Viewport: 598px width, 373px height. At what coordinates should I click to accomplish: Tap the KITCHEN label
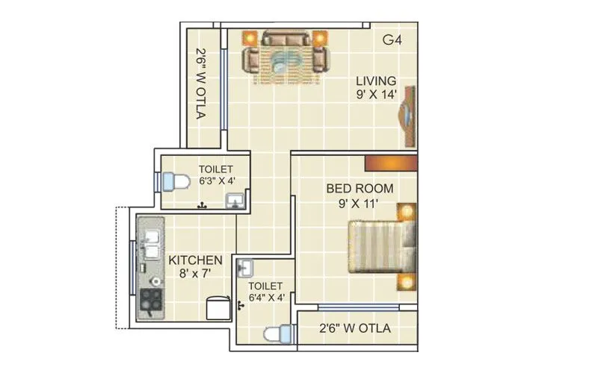coord(195,260)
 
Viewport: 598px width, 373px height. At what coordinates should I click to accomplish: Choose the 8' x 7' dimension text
coord(195,274)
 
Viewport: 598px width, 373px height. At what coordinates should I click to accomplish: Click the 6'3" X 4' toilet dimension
coord(215,180)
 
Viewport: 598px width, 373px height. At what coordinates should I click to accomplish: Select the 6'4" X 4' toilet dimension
coord(266,297)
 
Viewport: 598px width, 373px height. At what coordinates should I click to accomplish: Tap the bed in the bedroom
coord(378,245)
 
